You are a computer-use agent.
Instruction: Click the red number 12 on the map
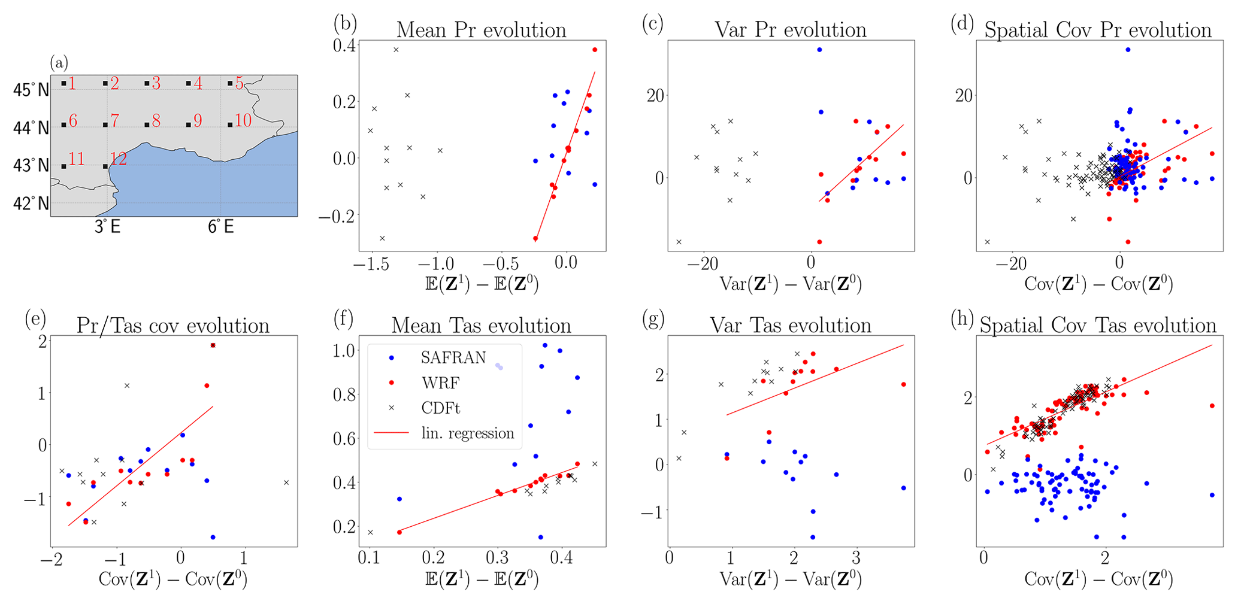[119, 159]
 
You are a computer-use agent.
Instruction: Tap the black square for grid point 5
[230, 84]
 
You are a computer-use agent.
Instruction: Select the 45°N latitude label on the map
[31, 90]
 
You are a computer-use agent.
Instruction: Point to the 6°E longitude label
[220, 227]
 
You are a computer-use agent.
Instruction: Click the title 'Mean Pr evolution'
[481, 30]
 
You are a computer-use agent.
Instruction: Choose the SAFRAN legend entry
[453, 358]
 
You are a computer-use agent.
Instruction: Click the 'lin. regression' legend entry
[467, 433]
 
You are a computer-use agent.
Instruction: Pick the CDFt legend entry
[440, 408]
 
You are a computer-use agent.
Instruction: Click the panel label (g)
[652, 320]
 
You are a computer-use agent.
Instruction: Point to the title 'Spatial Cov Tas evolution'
[1098, 325]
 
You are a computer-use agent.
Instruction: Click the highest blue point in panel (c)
[819, 50]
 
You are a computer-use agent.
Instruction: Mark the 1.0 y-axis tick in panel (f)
[344, 351]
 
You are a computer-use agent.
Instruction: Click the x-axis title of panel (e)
[172, 579]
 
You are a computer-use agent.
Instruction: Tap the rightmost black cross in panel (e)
[286, 482]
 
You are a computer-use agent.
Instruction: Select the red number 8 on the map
[156, 121]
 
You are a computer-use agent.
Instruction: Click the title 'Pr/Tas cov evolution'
[172, 326]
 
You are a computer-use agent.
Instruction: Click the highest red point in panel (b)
[595, 50]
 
